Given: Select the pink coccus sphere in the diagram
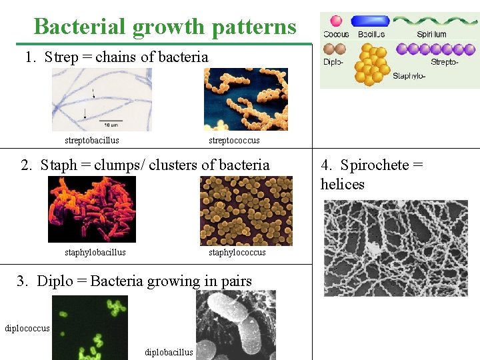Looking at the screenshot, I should click(x=337, y=21).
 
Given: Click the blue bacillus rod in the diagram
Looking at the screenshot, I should click(x=371, y=21).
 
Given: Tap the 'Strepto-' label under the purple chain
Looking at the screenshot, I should click(x=445, y=62).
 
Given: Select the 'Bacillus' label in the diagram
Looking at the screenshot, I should click(x=371, y=34).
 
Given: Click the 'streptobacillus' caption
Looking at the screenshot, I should click(x=92, y=141).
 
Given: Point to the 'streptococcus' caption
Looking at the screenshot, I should click(x=234, y=141).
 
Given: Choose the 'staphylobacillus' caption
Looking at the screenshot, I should click(x=95, y=253).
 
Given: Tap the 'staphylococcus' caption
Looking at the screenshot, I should click(x=237, y=253).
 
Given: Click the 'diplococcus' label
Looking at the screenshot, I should click(x=27, y=328).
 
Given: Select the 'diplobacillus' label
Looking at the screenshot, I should click(x=169, y=352).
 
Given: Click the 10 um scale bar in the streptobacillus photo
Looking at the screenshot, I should click(x=110, y=121).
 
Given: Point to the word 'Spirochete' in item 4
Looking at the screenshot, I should click(x=375, y=165).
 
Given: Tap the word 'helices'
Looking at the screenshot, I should click(x=343, y=184).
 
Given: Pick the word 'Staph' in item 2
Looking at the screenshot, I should click(x=59, y=165).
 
